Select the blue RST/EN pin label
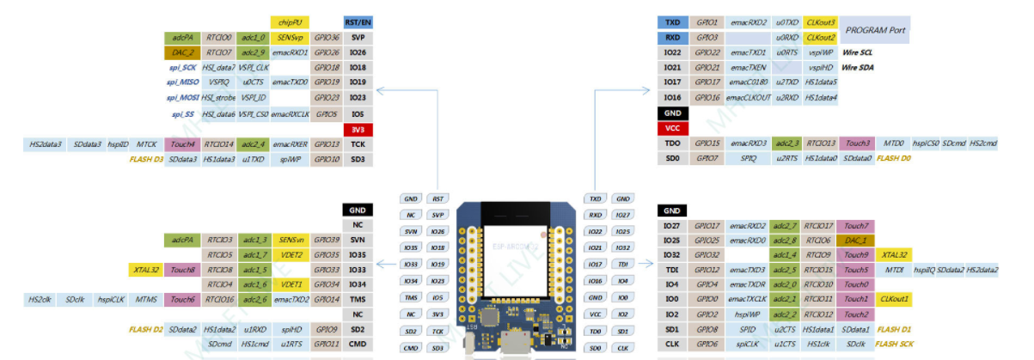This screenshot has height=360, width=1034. [x=358, y=22]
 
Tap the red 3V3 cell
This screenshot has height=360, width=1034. [x=358, y=129]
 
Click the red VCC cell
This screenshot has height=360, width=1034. [x=672, y=128]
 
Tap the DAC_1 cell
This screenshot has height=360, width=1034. [x=856, y=241]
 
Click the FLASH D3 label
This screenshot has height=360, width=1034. [x=146, y=159]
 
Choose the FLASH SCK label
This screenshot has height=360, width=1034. [x=894, y=344]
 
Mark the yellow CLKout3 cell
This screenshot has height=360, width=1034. [x=821, y=22]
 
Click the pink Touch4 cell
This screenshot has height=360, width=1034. [x=182, y=144]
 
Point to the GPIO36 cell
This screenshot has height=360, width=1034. [x=326, y=38]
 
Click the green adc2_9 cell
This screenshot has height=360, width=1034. [x=254, y=52]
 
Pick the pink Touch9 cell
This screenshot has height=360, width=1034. [x=856, y=255]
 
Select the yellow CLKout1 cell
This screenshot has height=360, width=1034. [x=894, y=299]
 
